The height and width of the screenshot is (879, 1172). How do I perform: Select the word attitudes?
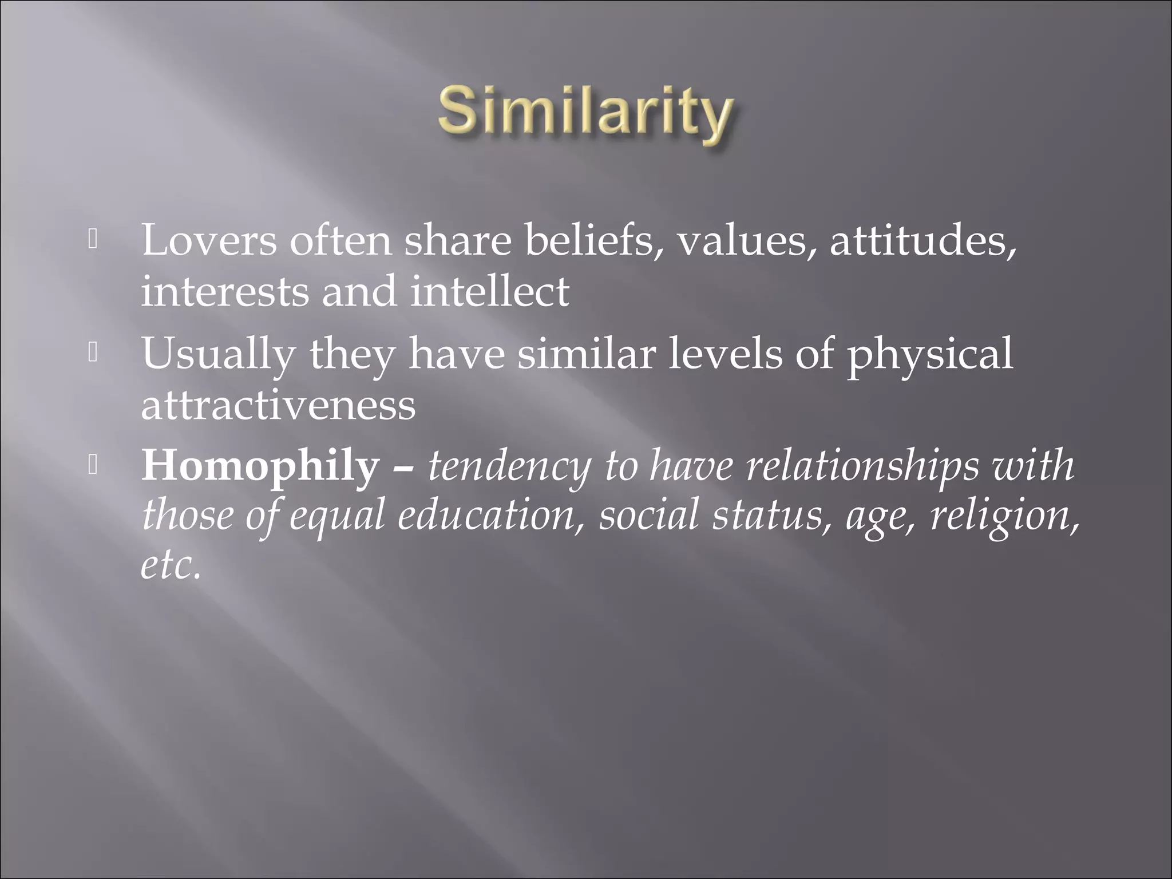point(922,240)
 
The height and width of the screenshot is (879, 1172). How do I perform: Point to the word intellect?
point(490,291)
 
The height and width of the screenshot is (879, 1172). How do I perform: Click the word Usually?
point(218,354)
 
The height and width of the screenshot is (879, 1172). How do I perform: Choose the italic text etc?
point(171,565)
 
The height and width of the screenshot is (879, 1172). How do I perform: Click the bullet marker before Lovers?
point(93,241)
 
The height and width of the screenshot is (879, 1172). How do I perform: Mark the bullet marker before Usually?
point(93,354)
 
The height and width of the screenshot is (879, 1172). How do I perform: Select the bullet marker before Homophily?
point(93,467)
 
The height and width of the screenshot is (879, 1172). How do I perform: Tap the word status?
point(771,515)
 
